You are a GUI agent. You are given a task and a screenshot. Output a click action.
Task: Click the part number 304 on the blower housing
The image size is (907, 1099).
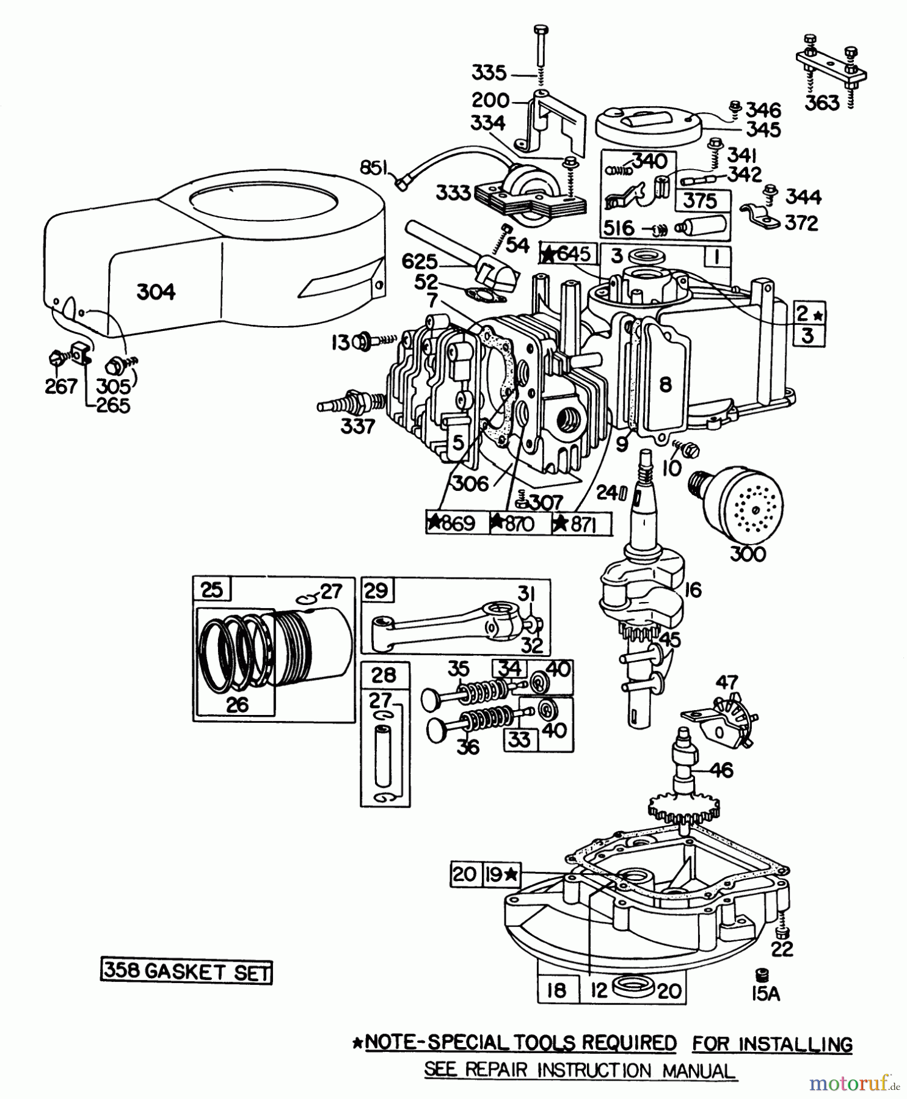coord(156,292)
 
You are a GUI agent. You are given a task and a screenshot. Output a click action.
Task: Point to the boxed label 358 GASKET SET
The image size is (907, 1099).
coord(186,971)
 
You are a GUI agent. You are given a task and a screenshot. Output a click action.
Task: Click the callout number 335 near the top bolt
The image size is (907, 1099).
coord(489,74)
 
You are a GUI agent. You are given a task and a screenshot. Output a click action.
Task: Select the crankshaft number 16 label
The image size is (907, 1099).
coord(693,590)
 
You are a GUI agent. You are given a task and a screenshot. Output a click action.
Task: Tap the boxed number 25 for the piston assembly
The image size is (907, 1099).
coord(211,590)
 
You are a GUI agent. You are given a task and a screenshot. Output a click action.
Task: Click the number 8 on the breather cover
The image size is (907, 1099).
coord(665,384)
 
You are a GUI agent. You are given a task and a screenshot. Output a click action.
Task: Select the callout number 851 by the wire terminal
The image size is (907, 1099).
coord(374,167)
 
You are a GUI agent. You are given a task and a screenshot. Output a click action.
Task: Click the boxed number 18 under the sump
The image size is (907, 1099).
coord(556,990)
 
